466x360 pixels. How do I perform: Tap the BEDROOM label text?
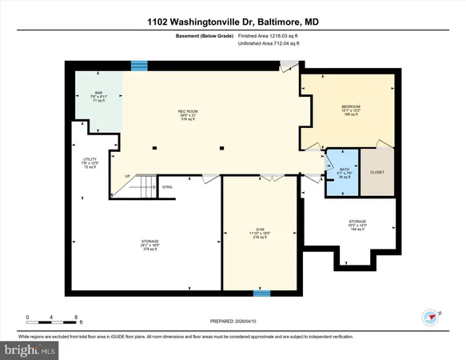[x=351, y=106]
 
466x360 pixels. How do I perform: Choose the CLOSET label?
[x=377, y=171]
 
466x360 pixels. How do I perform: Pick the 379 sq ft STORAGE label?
[x=150, y=241]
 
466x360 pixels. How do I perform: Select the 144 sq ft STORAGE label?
[x=357, y=221]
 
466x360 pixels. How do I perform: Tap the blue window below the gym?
[x=261, y=293]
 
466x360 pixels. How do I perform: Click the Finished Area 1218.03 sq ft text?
[x=267, y=36]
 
